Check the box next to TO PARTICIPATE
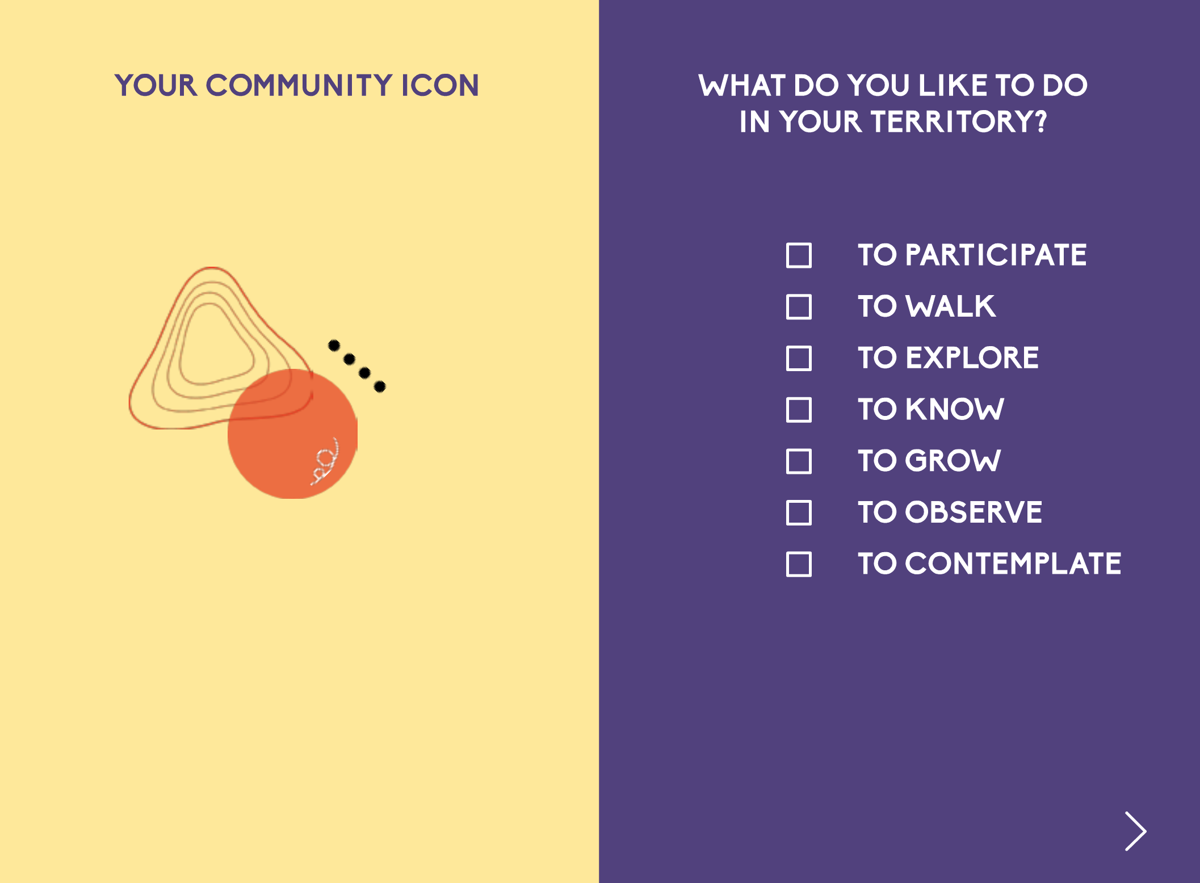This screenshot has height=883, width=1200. pos(799,255)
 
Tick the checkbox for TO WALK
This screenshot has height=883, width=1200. pos(799,307)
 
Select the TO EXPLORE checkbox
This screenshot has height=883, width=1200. pos(799,358)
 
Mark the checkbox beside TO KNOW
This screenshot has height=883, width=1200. pos(799,410)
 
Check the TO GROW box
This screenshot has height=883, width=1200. pos(799,461)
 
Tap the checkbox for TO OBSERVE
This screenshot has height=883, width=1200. pos(799,513)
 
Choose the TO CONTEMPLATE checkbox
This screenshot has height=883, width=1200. pos(799,564)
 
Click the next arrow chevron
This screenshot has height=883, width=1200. pos(1135,831)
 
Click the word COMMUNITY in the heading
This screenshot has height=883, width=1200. pos(299,85)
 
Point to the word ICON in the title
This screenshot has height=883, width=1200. pos(440,85)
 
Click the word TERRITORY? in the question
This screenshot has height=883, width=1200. pos(959,121)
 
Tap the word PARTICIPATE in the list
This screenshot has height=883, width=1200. pos(996,255)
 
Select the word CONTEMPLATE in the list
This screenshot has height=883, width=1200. pos(1013,564)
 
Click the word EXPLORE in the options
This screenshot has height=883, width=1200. pos(972,358)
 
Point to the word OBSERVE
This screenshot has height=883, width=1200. pos(974,512)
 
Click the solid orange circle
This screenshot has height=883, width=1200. pos(292,434)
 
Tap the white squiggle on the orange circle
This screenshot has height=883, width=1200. pos(325,461)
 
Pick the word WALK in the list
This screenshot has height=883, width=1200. pos(950,306)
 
